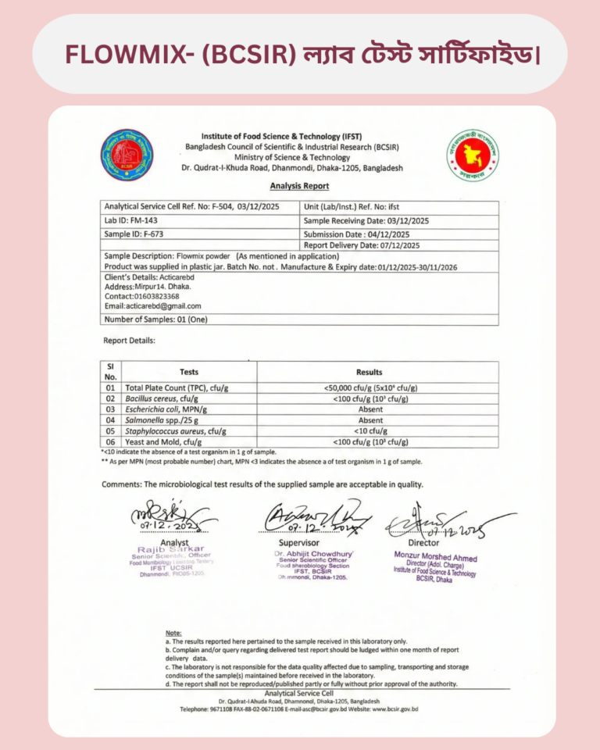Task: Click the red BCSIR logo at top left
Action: (127, 155)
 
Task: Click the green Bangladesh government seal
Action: (473, 155)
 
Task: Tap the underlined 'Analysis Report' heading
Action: (299, 186)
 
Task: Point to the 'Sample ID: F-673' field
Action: (134, 234)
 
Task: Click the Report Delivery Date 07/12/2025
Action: (362, 245)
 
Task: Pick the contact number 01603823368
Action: (141, 297)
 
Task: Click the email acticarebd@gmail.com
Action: (152, 306)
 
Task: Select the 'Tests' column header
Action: (189, 372)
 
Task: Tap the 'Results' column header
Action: (369, 372)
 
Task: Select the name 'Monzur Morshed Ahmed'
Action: (435, 559)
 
